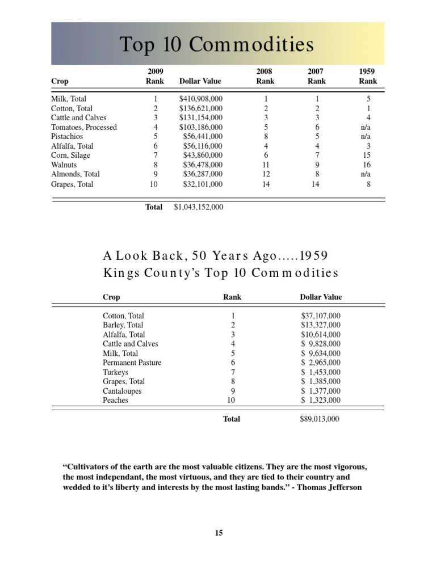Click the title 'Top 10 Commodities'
(216, 44)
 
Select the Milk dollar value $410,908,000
(200, 99)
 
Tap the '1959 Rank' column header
(368, 77)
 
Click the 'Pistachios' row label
(67, 137)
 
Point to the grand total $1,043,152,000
(193, 207)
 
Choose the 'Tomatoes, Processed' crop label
(84, 127)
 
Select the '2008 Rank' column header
(265, 77)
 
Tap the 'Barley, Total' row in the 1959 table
(123, 325)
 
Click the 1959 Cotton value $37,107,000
(321, 315)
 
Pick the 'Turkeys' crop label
(115, 372)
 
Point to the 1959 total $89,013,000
(320, 419)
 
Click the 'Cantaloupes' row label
(122, 391)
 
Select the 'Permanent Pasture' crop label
(132, 363)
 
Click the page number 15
(219, 533)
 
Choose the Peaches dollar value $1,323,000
(321, 400)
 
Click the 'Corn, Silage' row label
(70, 155)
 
